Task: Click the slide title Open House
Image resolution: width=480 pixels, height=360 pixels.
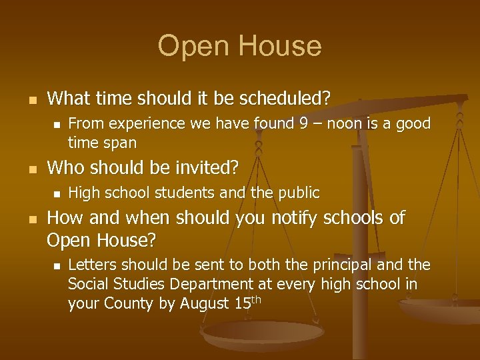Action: pos(239,46)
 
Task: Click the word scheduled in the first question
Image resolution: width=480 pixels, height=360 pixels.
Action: pos(291,99)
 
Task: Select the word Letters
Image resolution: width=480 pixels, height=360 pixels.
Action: pos(91,265)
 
